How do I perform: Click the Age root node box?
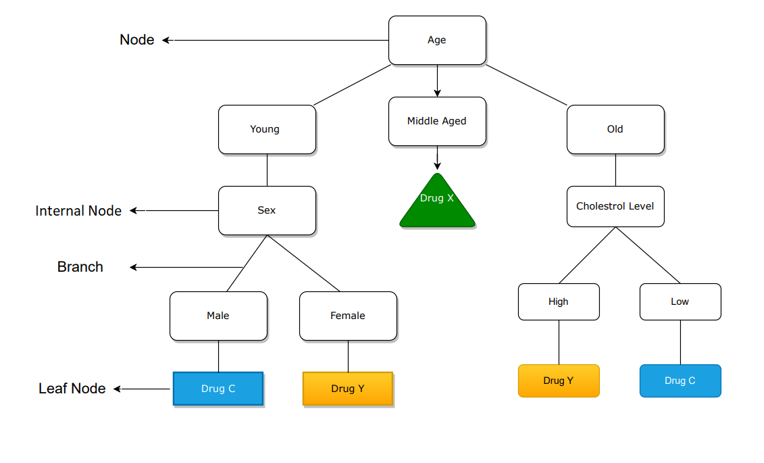pyautogui.click(x=437, y=41)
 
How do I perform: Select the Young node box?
pyautogui.click(x=267, y=129)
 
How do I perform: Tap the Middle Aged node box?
pyautogui.click(x=437, y=121)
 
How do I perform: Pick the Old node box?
pyautogui.click(x=615, y=129)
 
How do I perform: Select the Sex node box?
pyautogui.click(x=267, y=210)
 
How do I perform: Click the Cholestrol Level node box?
pyautogui.click(x=615, y=206)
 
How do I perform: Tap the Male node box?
pyautogui.click(x=218, y=316)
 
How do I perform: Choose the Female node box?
pyautogui.click(x=348, y=316)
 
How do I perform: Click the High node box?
pyautogui.click(x=559, y=301)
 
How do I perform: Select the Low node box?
pyautogui.click(x=680, y=301)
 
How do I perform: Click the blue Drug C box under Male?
pyautogui.click(x=218, y=389)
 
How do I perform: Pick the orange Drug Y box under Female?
pyautogui.click(x=348, y=389)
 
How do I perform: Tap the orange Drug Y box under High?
pyautogui.click(x=559, y=381)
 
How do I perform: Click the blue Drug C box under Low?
pyautogui.click(x=680, y=381)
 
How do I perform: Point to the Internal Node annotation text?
pyautogui.click(x=78, y=211)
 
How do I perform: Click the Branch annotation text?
pyautogui.click(x=80, y=267)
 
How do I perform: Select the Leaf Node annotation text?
pyautogui.click(x=72, y=389)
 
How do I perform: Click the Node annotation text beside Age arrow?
pyautogui.click(x=137, y=40)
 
